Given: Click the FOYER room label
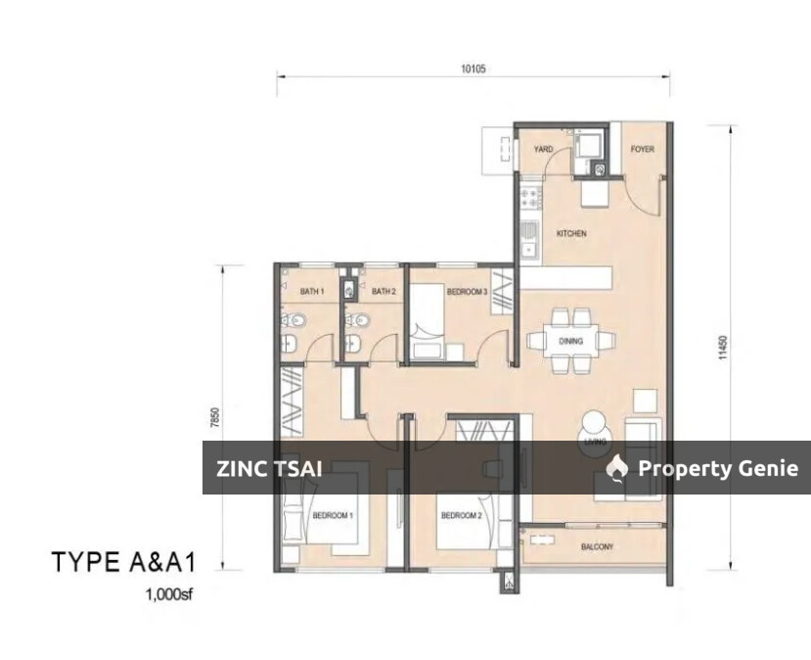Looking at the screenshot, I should [642, 150].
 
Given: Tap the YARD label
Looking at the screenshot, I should [543, 150].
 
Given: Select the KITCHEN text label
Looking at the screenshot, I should [571, 234].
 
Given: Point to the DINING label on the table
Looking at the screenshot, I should [571, 341].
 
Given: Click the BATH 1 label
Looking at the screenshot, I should [311, 292].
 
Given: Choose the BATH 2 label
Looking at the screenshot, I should [383, 292].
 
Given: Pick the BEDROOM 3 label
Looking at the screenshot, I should [467, 292].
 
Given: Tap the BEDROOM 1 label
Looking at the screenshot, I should [333, 515].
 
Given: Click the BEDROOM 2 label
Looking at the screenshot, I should [460, 515].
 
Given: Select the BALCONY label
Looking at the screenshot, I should [597, 547].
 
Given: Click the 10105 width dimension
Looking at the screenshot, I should [473, 70].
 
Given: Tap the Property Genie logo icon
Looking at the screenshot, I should [616, 469].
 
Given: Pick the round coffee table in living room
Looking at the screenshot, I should [595, 428].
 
